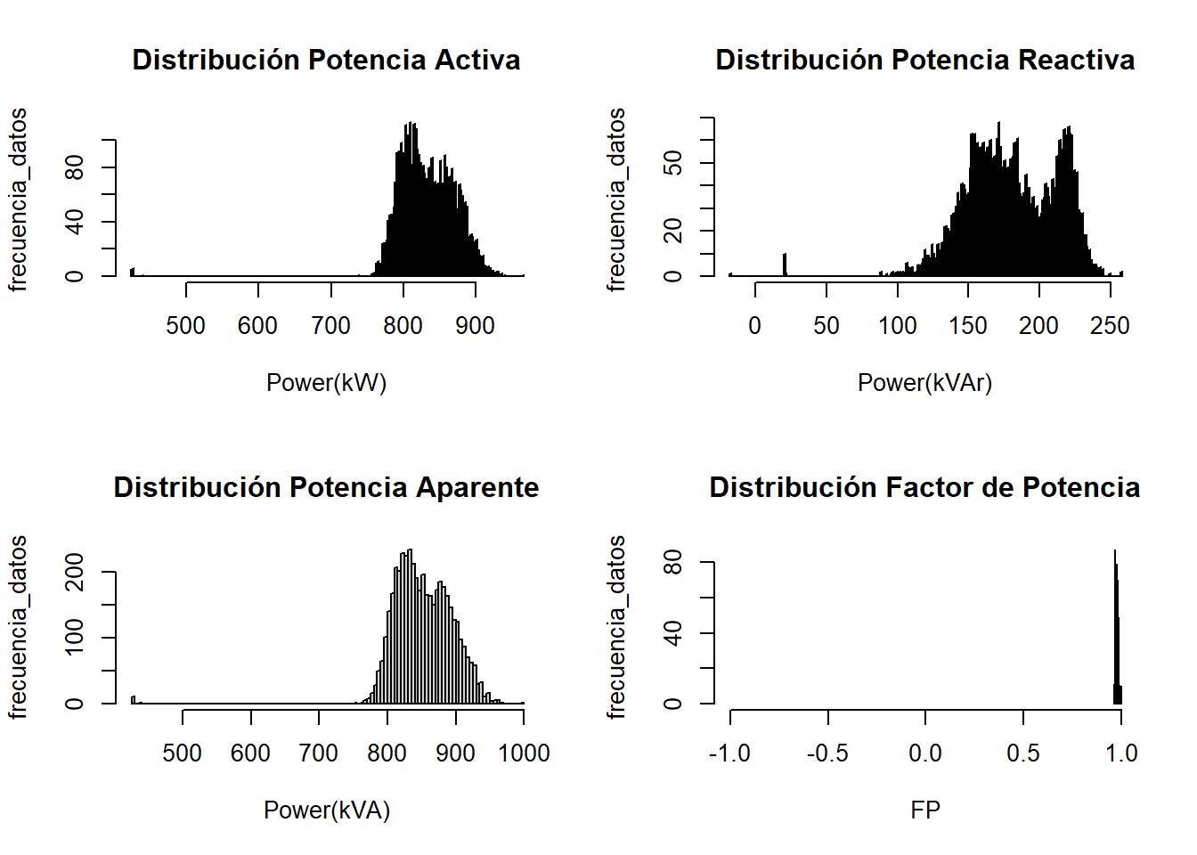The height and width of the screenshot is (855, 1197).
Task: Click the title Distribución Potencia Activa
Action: (x=326, y=60)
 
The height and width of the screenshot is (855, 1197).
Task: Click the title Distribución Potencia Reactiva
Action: (x=924, y=60)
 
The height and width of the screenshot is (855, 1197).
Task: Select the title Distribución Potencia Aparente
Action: (x=326, y=487)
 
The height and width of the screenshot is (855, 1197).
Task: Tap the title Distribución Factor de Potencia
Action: (x=924, y=487)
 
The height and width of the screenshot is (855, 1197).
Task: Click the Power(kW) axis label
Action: (x=326, y=382)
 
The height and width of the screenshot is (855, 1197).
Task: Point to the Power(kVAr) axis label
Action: (x=924, y=382)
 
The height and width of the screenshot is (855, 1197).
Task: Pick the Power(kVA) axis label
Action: (x=326, y=810)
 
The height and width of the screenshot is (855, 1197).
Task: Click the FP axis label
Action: (x=924, y=810)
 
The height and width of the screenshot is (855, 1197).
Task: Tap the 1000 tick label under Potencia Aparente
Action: (x=524, y=753)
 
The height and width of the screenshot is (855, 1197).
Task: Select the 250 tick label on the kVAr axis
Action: (x=1110, y=326)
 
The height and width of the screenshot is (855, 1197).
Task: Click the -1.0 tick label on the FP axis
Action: (x=729, y=753)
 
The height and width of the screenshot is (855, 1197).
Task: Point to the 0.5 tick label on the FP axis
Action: (x=1022, y=753)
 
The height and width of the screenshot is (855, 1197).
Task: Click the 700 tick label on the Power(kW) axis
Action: (x=330, y=326)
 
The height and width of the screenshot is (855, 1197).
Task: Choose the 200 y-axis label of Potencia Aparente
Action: (x=75, y=572)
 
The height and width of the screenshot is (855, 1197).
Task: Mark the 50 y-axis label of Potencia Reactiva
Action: (x=673, y=163)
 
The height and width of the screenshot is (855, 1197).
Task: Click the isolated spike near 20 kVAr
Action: (x=785, y=265)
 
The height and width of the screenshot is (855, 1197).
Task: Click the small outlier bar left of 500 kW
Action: (x=132, y=272)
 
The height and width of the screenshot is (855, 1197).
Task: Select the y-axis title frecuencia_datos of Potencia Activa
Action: (x=18, y=199)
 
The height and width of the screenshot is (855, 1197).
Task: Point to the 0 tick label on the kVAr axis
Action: (x=755, y=326)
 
